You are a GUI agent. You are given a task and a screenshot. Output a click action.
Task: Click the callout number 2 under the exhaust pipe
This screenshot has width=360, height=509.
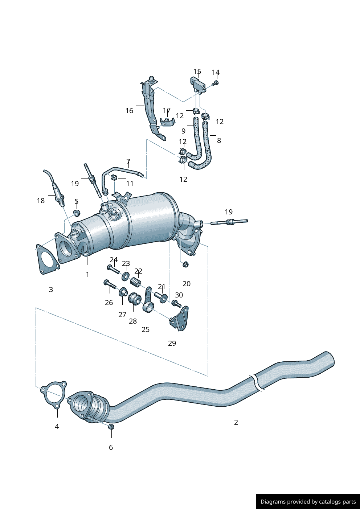coord(236,422)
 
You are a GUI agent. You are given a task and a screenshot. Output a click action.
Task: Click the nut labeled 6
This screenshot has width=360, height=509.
coord(111,426)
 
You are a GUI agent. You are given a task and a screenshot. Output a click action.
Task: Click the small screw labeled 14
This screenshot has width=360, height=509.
coord(215,83)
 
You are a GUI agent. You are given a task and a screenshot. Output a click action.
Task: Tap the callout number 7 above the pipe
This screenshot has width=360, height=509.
coord(128,161)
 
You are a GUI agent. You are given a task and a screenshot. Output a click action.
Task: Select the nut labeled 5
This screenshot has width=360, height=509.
coord(77,213)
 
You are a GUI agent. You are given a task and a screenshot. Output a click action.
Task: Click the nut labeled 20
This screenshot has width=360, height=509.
coord(186,264)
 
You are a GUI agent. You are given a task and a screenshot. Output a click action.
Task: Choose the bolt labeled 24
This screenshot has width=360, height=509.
coord(113,269)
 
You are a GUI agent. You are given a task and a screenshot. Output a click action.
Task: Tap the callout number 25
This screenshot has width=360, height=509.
coord(145,329)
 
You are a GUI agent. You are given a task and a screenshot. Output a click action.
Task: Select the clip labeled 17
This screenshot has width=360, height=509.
coord(167,122)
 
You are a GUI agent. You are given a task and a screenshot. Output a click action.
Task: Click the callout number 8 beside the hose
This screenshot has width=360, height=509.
coord(219,140)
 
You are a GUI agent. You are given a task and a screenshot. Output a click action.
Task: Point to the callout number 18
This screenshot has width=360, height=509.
coord(41,201)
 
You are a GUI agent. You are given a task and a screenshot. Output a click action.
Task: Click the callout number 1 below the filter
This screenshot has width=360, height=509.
coord(87,274)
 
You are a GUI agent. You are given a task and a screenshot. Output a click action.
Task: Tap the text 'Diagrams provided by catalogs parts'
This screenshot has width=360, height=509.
coord(308,502)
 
